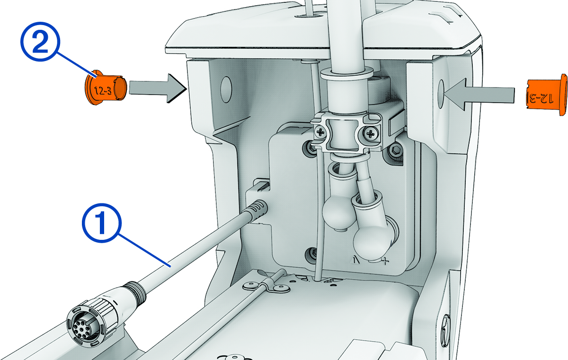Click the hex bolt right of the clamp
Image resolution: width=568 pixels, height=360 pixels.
(397, 150)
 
